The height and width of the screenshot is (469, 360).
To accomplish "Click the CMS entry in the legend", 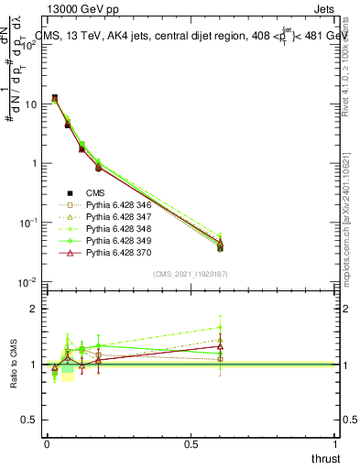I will [96, 192].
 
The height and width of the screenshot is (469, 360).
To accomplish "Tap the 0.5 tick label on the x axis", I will [191, 443].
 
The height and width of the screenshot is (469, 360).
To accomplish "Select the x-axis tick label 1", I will [336, 443].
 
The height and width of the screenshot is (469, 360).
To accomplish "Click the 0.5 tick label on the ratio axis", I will [30, 420].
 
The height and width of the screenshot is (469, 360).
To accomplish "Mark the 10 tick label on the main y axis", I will [30, 104].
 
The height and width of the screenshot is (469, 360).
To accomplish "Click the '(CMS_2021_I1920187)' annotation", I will [191, 274].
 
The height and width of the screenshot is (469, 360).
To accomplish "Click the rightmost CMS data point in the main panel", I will [220, 248].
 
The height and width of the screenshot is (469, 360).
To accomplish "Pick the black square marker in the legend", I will [70, 192].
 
